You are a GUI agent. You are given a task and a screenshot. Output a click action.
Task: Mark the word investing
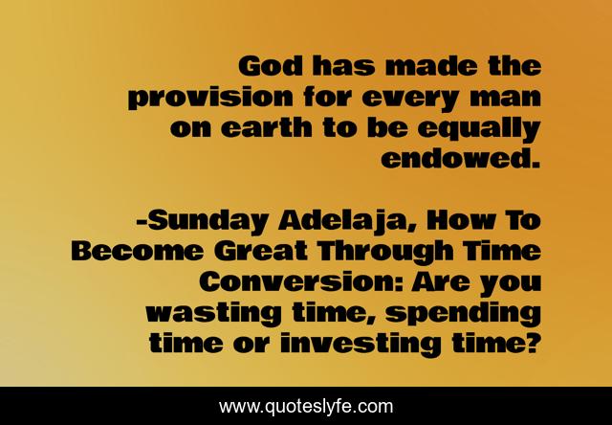[382, 343]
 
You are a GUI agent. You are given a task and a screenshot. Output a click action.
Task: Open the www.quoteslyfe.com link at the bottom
[306, 407]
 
